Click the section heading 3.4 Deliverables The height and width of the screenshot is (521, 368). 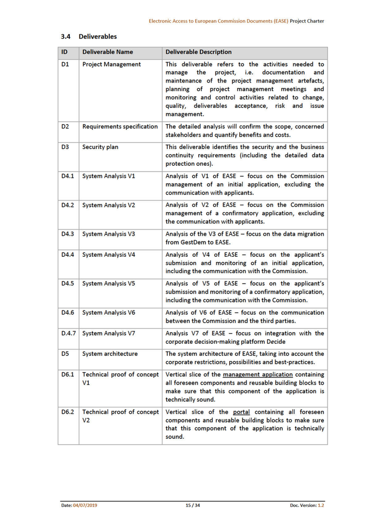click(88, 36)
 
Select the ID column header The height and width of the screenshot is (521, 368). click(64, 52)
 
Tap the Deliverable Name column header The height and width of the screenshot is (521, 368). click(108, 52)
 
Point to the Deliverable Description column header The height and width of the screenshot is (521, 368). click(198, 52)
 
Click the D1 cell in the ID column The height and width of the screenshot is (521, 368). click(65, 64)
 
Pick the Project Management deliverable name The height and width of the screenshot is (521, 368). click(111, 64)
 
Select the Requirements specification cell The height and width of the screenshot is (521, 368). click(120, 126)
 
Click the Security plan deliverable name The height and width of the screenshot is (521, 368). click(100, 147)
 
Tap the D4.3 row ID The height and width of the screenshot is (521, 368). click(67, 234)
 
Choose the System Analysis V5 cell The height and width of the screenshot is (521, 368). click(109, 283)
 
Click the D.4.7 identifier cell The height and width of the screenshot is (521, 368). click(68, 333)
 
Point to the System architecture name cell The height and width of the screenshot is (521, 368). click(110, 354)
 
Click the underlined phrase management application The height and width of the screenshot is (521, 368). click(250, 374)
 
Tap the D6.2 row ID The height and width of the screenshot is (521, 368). click(67, 412)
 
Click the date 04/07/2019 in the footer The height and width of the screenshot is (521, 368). click(85, 505)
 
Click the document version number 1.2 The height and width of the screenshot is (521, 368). click(321, 505)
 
